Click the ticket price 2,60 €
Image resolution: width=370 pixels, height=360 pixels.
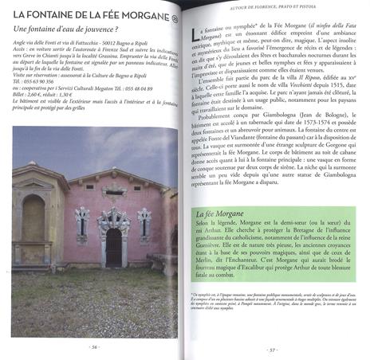coord(41,93)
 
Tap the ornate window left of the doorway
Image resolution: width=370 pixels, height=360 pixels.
coord(82,225)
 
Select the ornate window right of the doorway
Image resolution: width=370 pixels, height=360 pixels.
coord(144,225)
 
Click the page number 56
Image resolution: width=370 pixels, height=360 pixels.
coord(93,347)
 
